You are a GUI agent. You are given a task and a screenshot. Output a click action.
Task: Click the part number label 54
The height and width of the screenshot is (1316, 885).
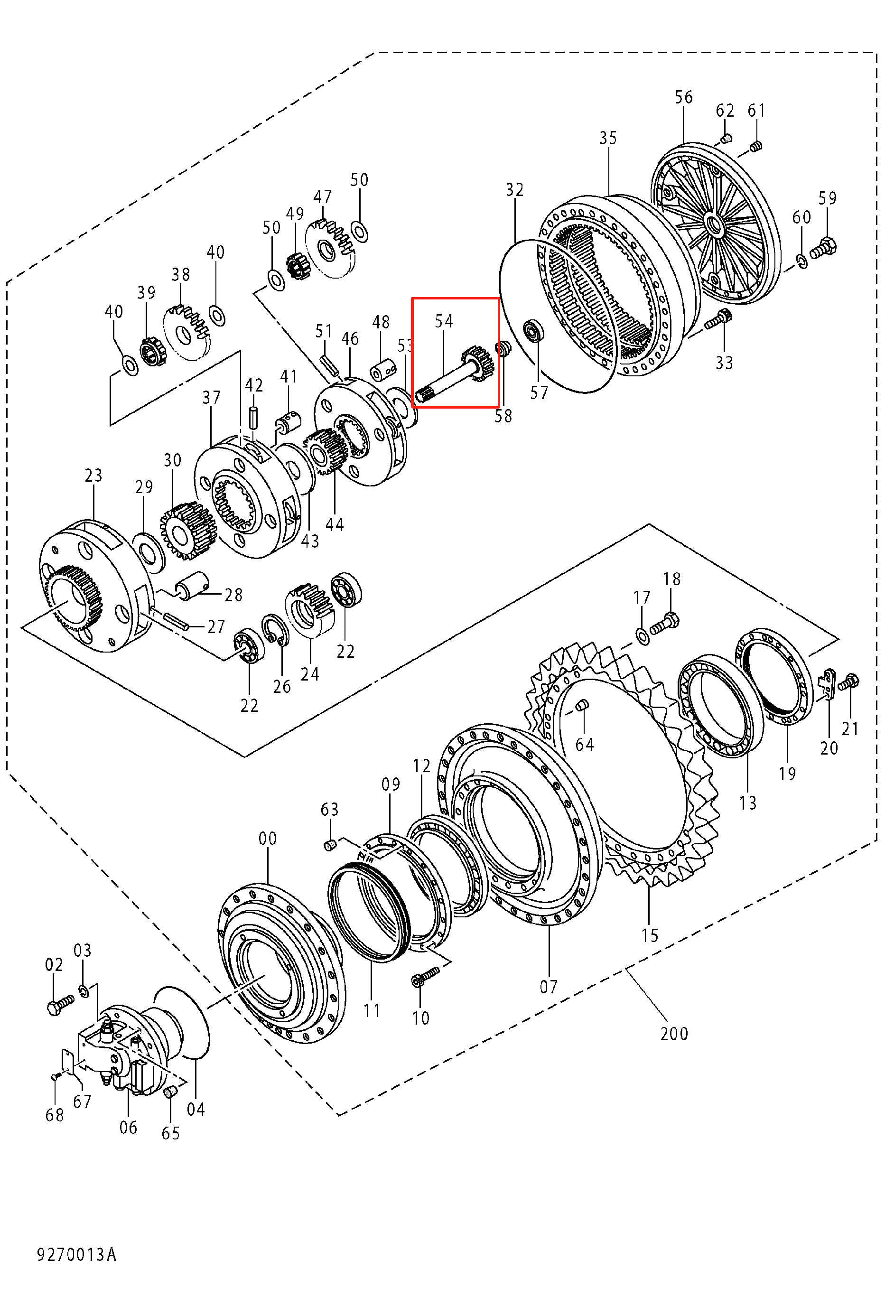click(x=444, y=321)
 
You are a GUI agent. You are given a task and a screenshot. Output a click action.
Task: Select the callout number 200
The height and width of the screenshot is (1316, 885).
click(x=674, y=1034)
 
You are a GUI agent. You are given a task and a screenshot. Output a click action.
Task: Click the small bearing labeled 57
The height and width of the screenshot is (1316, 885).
click(x=533, y=331)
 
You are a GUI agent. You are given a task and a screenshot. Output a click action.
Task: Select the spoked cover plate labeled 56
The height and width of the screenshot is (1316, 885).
click(x=715, y=220)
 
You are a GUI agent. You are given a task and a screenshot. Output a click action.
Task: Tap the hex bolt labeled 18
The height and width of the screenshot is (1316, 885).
click(x=665, y=624)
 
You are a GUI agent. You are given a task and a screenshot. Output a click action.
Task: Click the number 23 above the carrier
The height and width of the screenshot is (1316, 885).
click(x=93, y=476)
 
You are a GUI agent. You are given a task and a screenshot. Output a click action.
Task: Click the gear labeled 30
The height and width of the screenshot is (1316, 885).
click(x=188, y=531)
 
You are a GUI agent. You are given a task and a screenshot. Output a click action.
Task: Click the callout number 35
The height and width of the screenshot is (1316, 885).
click(x=608, y=138)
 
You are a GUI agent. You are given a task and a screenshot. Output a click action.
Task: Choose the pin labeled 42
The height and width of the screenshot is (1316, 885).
click(x=254, y=418)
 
